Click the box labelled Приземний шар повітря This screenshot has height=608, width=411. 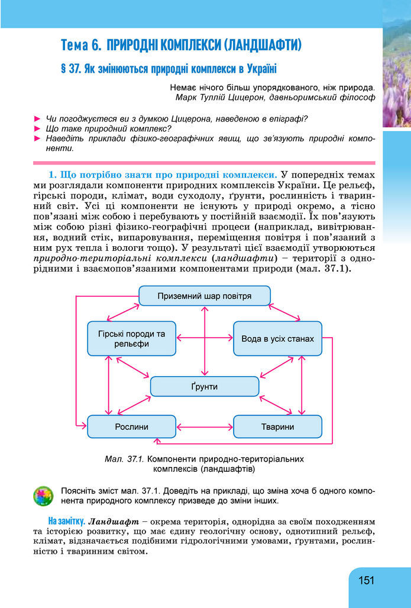point(205,296)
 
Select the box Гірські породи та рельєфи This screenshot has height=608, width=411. point(131,339)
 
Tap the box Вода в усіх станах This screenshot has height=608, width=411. point(277,339)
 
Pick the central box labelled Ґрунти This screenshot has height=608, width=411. point(205,387)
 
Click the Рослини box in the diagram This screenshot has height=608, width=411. point(131,426)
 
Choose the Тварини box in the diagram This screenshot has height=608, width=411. point(277,426)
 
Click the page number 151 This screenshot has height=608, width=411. point(366,580)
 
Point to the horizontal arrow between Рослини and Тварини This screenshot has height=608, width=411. point(205,426)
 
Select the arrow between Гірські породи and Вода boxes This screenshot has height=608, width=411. point(205,338)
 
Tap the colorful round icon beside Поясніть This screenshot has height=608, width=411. point(43,496)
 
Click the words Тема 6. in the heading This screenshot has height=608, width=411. point(82,44)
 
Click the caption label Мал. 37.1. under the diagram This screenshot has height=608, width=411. point(124,458)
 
